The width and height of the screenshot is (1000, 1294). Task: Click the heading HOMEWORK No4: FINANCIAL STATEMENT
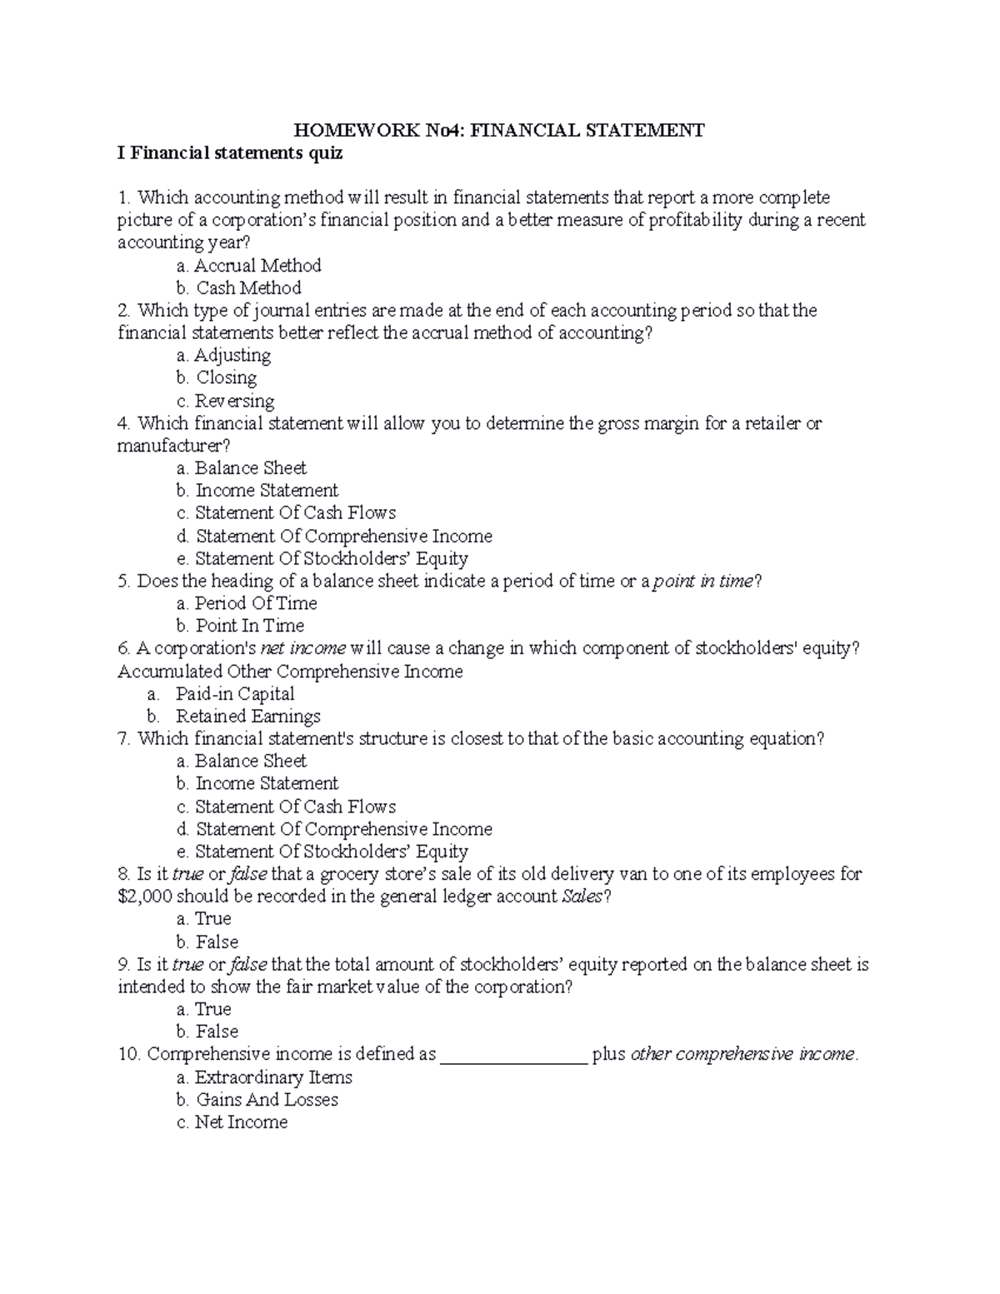point(498,130)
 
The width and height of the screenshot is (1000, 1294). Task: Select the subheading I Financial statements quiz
point(230,153)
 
